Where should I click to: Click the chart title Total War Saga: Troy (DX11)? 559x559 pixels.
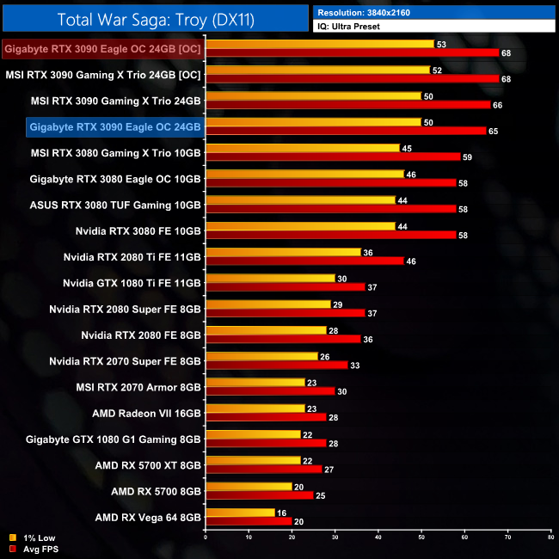(155, 19)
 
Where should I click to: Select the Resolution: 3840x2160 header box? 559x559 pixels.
(434, 13)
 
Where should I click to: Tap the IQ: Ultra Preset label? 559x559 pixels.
(434, 27)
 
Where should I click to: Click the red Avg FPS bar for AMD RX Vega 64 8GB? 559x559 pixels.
(249, 521)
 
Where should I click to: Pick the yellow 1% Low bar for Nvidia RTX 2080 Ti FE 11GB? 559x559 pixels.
(284, 252)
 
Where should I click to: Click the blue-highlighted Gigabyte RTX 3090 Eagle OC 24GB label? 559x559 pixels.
(115, 127)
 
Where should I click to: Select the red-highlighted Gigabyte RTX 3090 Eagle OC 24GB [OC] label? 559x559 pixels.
(103, 50)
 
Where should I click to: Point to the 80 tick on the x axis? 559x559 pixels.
(550, 537)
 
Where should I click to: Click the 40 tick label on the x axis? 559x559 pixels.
(378, 537)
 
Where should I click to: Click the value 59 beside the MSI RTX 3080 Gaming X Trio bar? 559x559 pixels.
(469, 157)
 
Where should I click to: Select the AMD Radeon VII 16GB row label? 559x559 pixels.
(146, 413)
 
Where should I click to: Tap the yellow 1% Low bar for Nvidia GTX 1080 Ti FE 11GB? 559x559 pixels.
(271, 278)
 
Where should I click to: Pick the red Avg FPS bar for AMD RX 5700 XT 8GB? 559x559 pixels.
(264, 470)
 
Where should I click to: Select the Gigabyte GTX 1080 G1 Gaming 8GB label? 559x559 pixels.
(115, 439)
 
